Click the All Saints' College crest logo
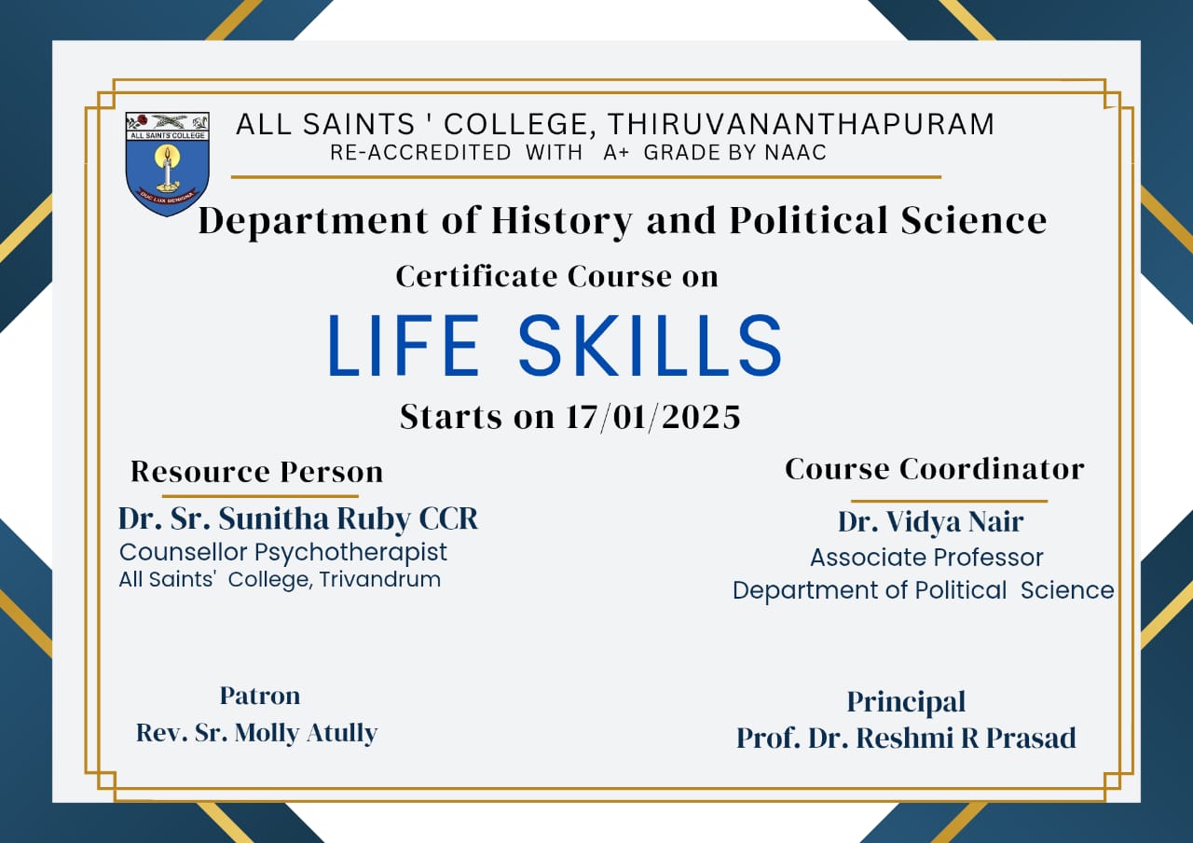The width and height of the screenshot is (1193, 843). pos(167,163)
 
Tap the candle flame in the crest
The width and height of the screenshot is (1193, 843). pos(167,155)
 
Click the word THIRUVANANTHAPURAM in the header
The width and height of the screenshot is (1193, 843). pos(801,124)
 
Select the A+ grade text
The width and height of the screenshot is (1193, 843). pos(616,153)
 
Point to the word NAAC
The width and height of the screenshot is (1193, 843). pos(796,153)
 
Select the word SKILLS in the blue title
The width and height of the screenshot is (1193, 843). pos(650,345)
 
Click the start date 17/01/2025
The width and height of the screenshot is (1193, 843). pos(653,417)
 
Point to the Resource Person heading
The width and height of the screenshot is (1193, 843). pos(256,472)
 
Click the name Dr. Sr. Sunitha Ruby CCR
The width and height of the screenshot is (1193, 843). pos(298,518)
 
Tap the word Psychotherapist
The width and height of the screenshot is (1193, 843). pos(350,553)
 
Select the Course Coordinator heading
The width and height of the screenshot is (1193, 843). pos(935,469)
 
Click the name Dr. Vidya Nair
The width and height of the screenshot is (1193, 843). pos(930,521)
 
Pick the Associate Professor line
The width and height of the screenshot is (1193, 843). pos(926,558)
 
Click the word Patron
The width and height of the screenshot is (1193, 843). pos(260,696)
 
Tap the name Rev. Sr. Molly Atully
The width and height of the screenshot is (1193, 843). pos(256,733)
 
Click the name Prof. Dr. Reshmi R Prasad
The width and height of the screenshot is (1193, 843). pos(906,738)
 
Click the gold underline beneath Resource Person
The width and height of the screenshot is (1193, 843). pos(260,496)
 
